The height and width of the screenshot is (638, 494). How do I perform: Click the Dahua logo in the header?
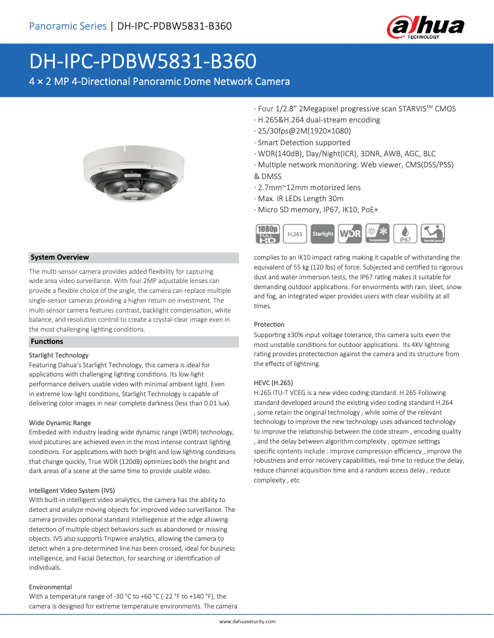click(425, 27)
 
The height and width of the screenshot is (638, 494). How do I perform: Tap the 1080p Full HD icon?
click(267, 233)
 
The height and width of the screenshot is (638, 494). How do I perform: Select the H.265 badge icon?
click(296, 234)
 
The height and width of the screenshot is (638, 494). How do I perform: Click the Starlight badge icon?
click(323, 234)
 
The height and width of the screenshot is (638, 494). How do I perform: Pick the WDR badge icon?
click(350, 234)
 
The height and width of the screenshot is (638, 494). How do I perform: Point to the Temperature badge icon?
click(377, 233)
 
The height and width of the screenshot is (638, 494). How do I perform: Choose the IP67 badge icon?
click(405, 233)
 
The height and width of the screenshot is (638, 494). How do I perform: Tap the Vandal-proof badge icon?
click(432, 233)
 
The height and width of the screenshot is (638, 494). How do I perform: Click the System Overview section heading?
click(60, 257)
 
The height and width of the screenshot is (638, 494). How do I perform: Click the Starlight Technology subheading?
click(59, 355)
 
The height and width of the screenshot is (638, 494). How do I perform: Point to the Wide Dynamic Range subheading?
click(60, 423)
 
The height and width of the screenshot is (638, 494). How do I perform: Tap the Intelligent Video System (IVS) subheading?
click(72, 490)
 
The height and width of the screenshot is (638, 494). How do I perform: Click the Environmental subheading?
click(51, 587)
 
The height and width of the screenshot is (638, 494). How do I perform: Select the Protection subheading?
click(269, 324)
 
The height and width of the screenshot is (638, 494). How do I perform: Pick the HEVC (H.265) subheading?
click(273, 382)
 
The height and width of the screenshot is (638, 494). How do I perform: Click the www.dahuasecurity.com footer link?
click(247, 621)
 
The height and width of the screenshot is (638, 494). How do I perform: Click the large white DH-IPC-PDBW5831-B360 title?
click(143, 62)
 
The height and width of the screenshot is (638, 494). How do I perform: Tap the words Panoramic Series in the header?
click(68, 26)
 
